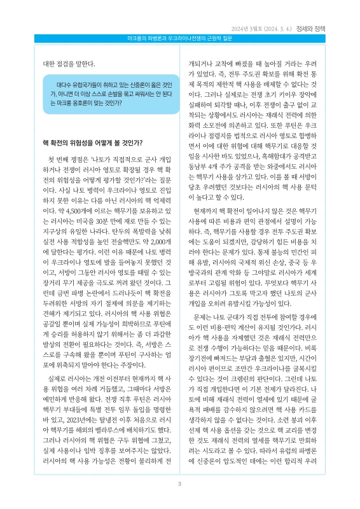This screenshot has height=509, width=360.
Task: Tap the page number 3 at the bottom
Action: coord(180,485)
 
